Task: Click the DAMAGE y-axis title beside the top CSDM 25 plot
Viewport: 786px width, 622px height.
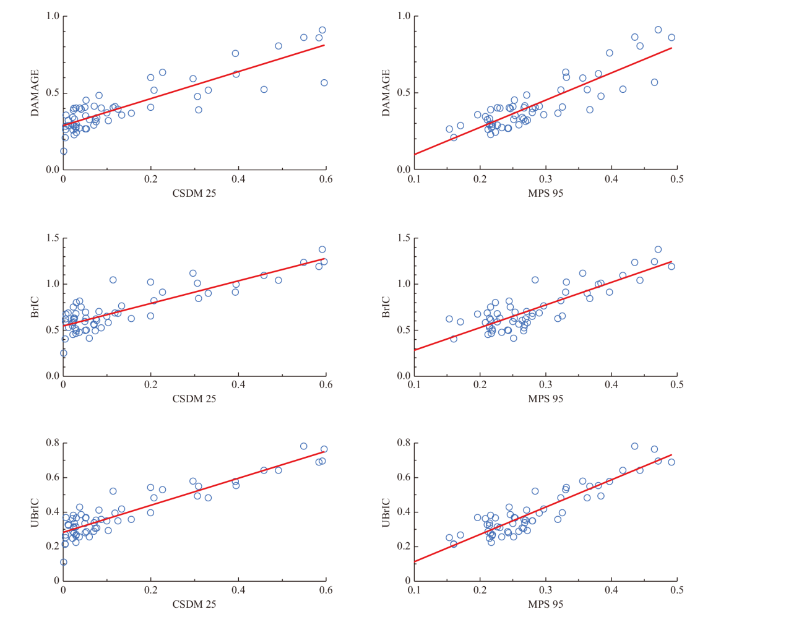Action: pyautogui.click(x=35, y=93)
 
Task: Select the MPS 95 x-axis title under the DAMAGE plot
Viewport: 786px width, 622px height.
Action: pyautogui.click(x=545, y=193)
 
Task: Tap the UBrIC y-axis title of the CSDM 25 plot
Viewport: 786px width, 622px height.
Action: pyautogui.click(x=35, y=512)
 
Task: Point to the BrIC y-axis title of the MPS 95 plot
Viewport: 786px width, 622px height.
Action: pyautogui.click(x=386, y=307)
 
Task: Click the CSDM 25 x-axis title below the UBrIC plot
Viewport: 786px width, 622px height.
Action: pyautogui.click(x=194, y=604)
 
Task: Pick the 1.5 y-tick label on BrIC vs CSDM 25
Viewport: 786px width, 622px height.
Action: pyautogui.click(x=53, y=239)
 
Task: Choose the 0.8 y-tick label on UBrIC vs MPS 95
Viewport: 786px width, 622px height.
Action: pyautogui.click(x=404, y=443)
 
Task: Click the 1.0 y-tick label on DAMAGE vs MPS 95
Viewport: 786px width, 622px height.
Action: pyautogui.click(x=404, y=16)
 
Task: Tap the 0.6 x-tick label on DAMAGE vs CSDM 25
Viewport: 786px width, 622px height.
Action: pyautogui.click(x=326, y=179)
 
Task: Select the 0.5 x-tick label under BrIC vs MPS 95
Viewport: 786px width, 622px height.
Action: pyautogui.click(x=677, y=385)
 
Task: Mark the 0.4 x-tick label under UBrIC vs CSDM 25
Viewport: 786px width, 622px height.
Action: pyautogui.click(x=238, y=590)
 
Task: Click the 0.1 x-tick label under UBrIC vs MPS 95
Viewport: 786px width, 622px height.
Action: pyautogui.click(x=414, y=590)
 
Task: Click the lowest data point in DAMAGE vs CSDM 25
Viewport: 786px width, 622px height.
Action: pyautogui.click(x=64, y=151)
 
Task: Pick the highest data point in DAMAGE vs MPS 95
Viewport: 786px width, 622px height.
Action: pyautogui.click(x=658, y=30)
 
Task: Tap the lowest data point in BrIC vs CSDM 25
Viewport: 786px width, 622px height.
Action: pyautogui.click(x=64, y=353)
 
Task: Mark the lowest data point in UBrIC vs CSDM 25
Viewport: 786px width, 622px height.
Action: pyautogui.click(x=64, y=562)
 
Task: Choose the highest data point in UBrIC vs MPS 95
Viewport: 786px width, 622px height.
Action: pyautogui.click(x=634, y=446)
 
